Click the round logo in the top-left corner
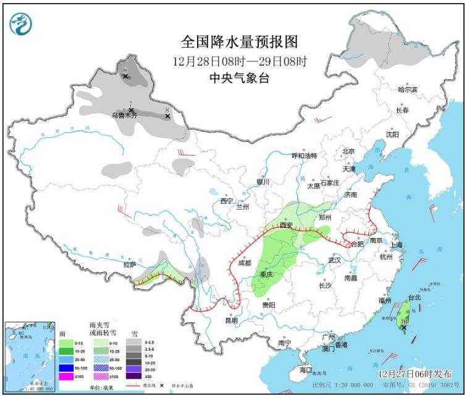21,24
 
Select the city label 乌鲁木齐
124,115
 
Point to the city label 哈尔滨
407,90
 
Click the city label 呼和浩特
304,155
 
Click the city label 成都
244,263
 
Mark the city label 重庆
267,273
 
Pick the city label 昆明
230,320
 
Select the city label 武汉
335,261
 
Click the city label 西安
285,225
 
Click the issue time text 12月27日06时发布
414,374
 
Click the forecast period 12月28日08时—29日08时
240,61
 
